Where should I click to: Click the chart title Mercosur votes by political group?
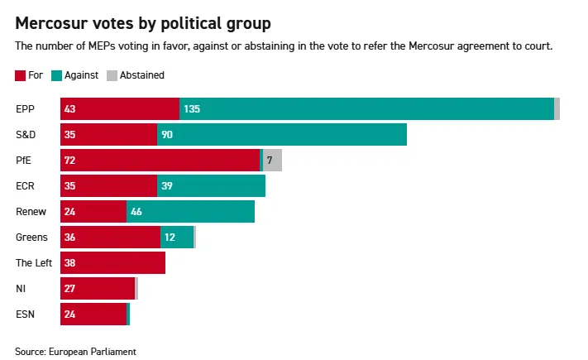[142, 22]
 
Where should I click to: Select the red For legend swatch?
[21, 75]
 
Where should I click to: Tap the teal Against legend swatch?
[56, 75]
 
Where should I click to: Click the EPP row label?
[25, 109]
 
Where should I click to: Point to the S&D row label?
[26, 135]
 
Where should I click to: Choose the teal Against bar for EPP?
[366, 109]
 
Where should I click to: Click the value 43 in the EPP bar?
[70, 109]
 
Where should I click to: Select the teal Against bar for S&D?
[281, 135]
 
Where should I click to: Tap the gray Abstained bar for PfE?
[272, 161]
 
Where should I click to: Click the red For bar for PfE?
[160, 161]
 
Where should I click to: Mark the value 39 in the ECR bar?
[167, 186]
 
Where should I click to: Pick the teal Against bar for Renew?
[190, 212]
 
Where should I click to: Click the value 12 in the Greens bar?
[170, 238]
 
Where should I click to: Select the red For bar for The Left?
[112, 263]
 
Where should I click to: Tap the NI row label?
[21, 289]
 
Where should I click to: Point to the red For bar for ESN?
[93, 314]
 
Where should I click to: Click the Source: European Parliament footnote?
[75, 352]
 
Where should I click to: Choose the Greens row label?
[31, 238]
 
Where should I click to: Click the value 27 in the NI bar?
[70, 289]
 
